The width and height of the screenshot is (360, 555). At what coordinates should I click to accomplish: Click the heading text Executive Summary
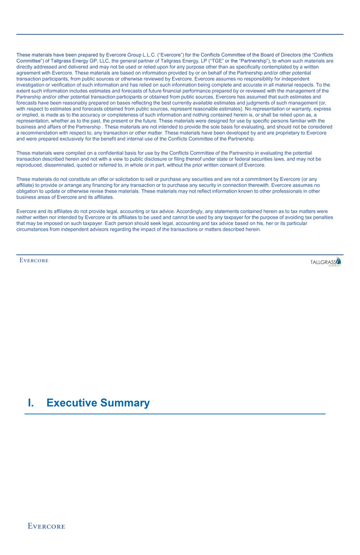tap(98, 403)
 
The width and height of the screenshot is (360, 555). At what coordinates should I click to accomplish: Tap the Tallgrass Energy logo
tap(326, 262)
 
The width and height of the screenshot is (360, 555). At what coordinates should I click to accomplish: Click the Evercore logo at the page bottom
tap(47, 526)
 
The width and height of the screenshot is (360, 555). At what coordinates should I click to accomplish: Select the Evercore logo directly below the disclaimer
tap(34, 260)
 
